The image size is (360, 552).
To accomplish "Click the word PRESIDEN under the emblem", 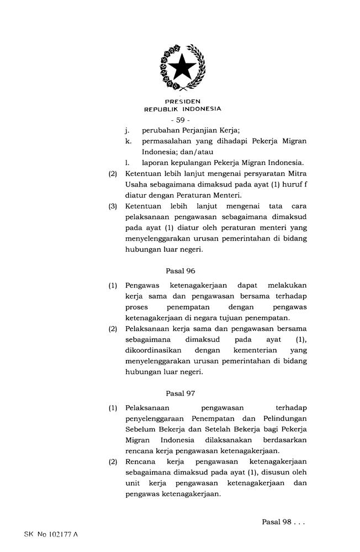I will click(182, 102).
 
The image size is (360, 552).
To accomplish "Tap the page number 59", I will click(181, 120).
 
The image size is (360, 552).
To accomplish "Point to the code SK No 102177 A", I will click(52, 535).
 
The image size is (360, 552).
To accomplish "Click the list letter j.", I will click(127, 131).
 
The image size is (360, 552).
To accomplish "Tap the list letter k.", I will click(128, 141).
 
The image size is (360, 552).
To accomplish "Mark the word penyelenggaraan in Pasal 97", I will click(155, 419).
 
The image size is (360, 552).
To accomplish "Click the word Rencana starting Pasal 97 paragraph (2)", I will click(141, 461).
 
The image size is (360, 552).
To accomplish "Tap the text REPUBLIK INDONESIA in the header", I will click(182, 109).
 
